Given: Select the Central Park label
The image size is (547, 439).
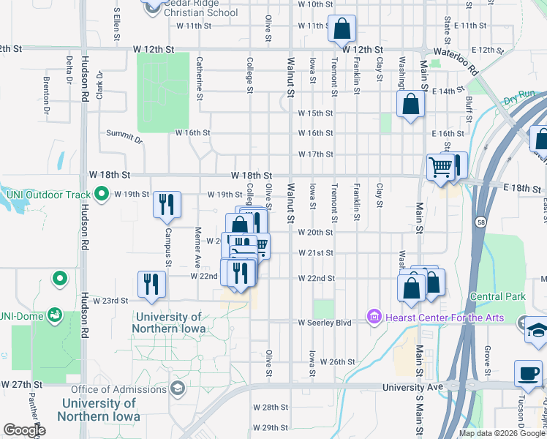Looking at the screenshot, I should (x=498, y=296).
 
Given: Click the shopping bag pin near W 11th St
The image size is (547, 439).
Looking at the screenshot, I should (x=342, y=29).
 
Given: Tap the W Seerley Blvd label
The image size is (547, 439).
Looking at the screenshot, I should (x=325, y=322).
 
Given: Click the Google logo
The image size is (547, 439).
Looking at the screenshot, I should (x=24, y=430).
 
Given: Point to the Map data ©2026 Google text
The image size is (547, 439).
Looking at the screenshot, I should (x=501, y=433).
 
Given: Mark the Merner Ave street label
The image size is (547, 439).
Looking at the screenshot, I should (x=197, y=247).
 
